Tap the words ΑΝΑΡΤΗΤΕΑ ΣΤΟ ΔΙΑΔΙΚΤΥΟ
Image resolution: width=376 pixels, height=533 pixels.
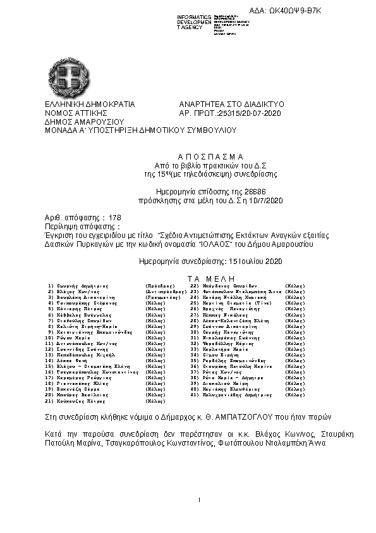[232, 104]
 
